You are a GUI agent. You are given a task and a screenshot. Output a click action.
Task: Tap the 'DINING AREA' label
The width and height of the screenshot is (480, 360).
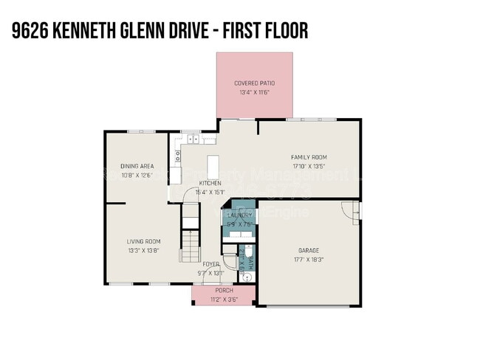137,166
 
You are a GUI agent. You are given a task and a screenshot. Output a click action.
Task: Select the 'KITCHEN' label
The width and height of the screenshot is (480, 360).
210,183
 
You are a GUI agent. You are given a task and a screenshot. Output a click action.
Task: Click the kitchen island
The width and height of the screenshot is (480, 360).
214,163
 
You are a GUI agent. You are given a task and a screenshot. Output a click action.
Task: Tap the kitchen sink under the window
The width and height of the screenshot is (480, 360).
193,139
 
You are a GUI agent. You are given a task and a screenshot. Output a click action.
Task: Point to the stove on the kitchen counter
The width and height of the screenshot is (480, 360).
178,155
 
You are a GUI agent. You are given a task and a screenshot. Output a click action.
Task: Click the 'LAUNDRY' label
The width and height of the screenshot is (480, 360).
239,215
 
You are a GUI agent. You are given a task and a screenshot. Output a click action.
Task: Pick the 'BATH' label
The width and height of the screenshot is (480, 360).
250,260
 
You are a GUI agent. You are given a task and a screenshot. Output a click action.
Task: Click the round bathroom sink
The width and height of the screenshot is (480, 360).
249,277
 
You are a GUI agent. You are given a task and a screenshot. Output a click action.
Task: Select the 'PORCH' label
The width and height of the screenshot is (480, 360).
223,291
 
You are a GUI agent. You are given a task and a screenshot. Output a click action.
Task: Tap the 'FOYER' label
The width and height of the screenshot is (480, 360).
210,263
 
